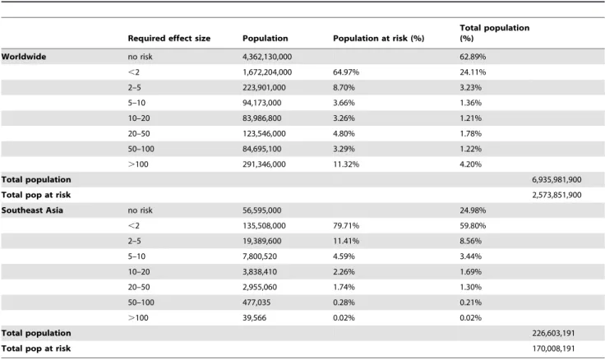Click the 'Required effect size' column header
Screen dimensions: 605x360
click(169, 38)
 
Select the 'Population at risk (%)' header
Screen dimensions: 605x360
click(378, 38)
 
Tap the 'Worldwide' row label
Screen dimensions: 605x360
click(24, 57)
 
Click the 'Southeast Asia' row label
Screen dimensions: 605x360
click(32, 210)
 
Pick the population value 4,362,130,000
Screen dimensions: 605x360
click(267, 57)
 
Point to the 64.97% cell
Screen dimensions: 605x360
click(346, 72)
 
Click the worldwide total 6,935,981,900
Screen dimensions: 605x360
click(557, 179)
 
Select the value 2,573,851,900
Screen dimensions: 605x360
click(557, 195)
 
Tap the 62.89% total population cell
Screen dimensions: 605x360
click(473, 57)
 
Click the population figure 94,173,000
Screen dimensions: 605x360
click(262, 103)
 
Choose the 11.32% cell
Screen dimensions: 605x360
click(346, 164)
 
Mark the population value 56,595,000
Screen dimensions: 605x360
click(262, 210)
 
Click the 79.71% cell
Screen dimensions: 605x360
click(346, 226)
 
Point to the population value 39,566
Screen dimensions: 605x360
click(254, 318)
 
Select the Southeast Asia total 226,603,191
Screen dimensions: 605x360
click(553, 333)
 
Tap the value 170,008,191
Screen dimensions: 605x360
click(553, 348)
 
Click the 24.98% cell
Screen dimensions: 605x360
click(473, 210)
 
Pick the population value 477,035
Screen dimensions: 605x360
click(256, 302)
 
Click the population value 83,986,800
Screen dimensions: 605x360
click(262, 118)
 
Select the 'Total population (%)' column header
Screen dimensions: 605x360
click(494, 33)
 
